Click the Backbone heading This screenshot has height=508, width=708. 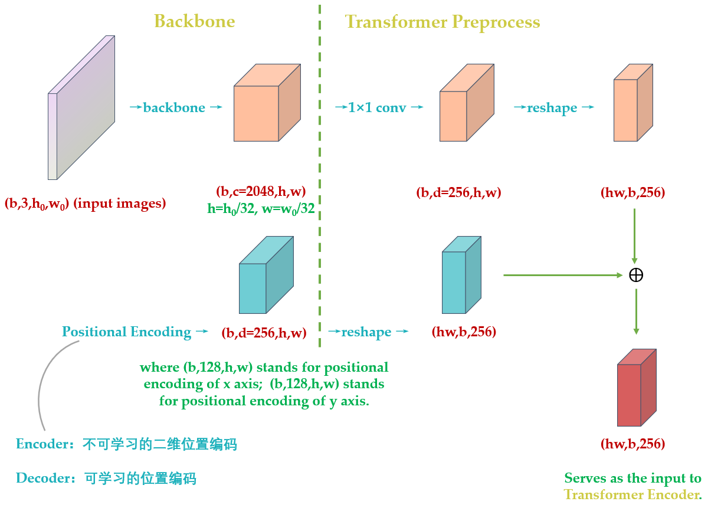194,22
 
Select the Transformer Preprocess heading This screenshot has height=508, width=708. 442,22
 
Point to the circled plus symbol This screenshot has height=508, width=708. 636,275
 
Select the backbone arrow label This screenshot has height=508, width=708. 175,108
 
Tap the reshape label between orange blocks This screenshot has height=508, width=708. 553,108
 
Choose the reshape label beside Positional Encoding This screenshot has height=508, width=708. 367,332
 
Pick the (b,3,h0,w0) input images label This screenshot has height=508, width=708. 86,204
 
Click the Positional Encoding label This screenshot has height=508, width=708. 127,332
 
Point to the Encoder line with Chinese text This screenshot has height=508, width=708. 126,444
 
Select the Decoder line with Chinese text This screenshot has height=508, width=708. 106,478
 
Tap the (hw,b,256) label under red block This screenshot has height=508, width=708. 633,443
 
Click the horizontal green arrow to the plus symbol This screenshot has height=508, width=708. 563,275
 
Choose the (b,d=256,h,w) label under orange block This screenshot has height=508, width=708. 458,192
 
